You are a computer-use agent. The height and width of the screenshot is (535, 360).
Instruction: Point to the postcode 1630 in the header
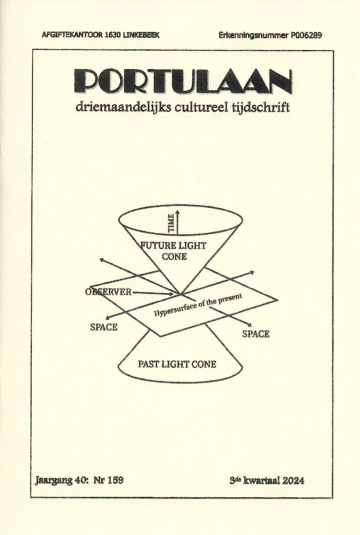click(112, 35)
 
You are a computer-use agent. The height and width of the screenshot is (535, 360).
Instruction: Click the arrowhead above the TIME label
click(178, 212)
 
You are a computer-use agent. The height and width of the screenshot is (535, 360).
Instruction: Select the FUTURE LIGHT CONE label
click(174, 251)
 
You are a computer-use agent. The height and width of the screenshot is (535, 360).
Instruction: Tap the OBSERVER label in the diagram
click(108, 292)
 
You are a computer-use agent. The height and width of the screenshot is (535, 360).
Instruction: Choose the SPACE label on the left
click(103, 327)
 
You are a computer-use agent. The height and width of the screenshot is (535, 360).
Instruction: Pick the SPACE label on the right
click(256, 334)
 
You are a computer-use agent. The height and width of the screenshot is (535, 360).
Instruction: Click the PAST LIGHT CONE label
click(177, 364)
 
